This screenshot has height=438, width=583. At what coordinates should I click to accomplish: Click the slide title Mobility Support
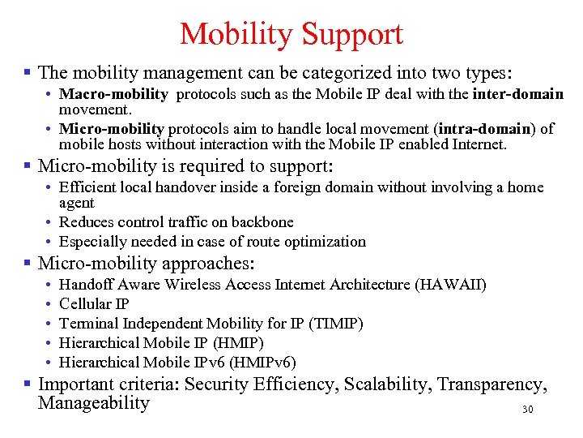(291, 34)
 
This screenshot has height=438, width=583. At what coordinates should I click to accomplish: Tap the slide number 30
(528, 410)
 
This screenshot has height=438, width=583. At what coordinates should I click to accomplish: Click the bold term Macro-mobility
(113, 94)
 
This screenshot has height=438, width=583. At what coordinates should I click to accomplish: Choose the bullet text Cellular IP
(93, 304)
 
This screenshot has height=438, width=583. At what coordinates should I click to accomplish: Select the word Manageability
(94, 403)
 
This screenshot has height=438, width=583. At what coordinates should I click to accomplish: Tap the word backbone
(263, 221)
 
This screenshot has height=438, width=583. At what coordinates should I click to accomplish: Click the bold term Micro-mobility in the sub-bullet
(112, 128)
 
